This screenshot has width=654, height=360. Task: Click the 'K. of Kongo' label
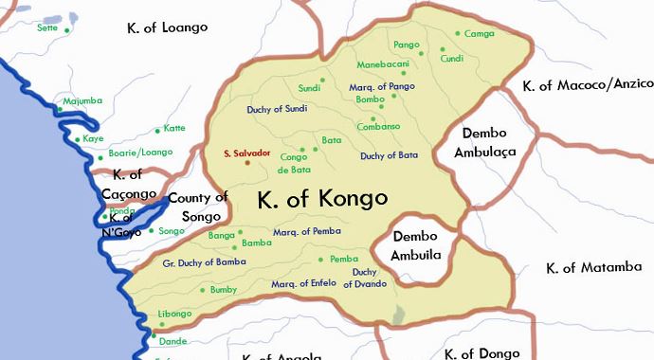(x=322, y=199)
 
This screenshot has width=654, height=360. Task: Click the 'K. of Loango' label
(x=167, y=27)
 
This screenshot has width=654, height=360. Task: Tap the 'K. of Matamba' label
(x=594, y=268)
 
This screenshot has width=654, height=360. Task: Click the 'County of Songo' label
(x=198, y=207)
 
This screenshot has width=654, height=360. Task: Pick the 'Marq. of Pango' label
(x=375, y=86)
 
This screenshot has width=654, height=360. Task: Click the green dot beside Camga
(x=457, y=34)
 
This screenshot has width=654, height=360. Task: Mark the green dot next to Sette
(x=67, y=29)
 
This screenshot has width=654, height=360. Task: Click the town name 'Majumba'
(x=82, y=99)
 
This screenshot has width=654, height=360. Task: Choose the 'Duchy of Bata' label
(x=389, y=154)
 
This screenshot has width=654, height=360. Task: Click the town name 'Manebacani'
(x=381, y=63)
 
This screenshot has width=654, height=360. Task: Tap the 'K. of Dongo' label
(x=481, y=353)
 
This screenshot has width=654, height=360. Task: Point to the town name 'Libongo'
(x=174, y=314)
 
